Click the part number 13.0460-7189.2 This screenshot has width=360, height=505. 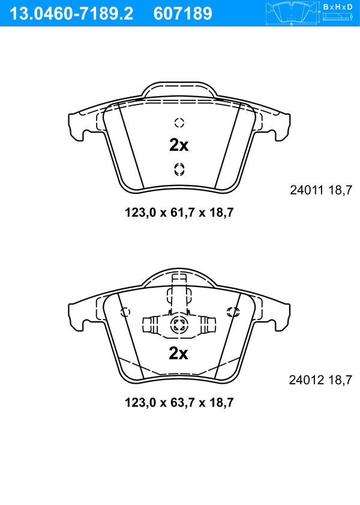pos(71,14)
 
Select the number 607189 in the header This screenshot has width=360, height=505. pos(183,14)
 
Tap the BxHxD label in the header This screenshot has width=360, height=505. pos(338,7)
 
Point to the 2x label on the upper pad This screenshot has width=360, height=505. pos(179,145)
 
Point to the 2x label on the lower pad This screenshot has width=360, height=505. pos(179,354)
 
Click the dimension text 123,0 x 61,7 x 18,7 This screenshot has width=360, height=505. pos(179,213)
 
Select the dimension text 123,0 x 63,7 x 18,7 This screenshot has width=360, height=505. pos(179,402)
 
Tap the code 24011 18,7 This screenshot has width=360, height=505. pos(321,190)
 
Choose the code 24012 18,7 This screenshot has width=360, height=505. pos(320,380)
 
